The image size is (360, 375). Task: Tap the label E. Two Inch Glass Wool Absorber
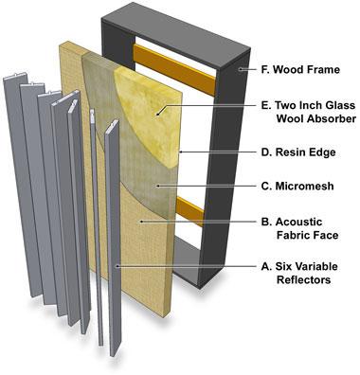point(301,113)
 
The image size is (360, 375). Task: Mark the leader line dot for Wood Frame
point(239,70)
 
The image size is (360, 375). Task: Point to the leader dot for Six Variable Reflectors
point(117,268)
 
